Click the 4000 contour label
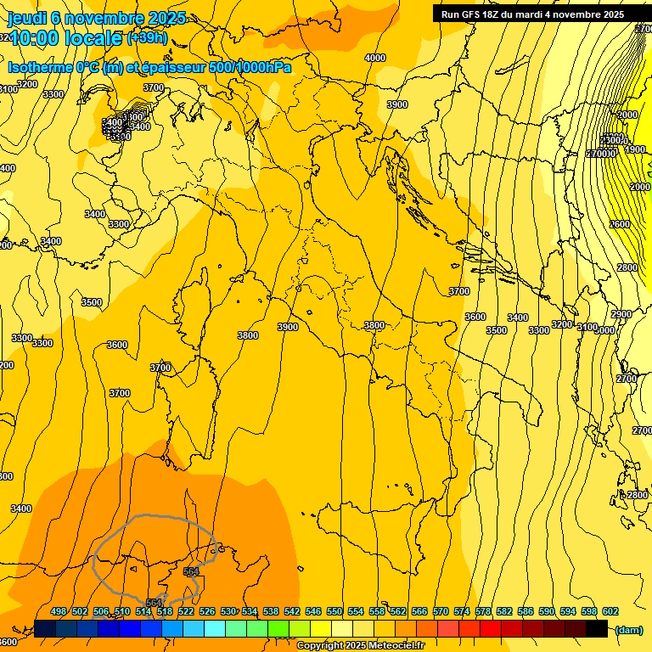click(x=374, y=58)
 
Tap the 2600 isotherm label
click(x=620, y=224)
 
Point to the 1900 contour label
click(x=635, y=149)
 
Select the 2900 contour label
click(x=621, y=314)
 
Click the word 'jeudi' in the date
click(x=25, y=18)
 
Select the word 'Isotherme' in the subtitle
click(x=39, y=67)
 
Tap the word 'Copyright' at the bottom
click(x=318, y=646)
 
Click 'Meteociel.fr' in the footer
click(x=397, y=646)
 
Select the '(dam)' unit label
click(x=627, y=629)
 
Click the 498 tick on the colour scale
click(x=59, y=611)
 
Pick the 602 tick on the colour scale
click(x=610, y=611)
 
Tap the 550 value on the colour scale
click(x=334, y=611)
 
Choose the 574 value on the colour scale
click(x=462, y=611)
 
